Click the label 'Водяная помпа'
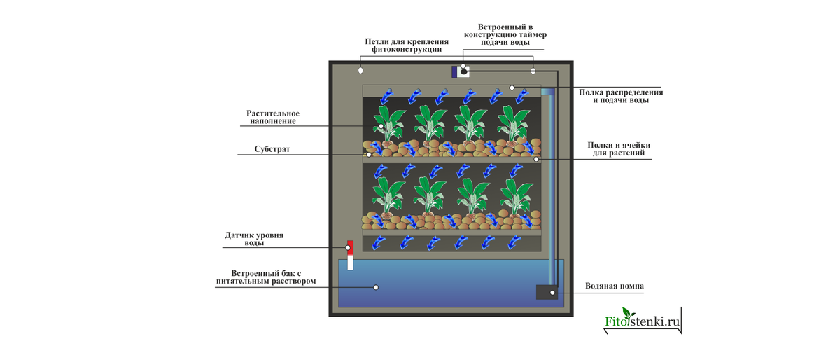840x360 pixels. tap(614, 286)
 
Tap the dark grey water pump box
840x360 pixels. tap(546, 292)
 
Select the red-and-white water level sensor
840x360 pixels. tap(351, 255)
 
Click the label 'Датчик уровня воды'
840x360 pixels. tap(254, 239)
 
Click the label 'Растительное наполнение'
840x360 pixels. tap(273, 117)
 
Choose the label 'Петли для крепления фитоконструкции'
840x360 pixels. tap(406, 46)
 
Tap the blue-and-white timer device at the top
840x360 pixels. tap(460, 71)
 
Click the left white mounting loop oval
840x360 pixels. tap(361, 71)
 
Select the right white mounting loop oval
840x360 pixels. tap(533, 71)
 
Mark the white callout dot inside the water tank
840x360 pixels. tap(376, 286)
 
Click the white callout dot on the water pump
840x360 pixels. tap(552, 291)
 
